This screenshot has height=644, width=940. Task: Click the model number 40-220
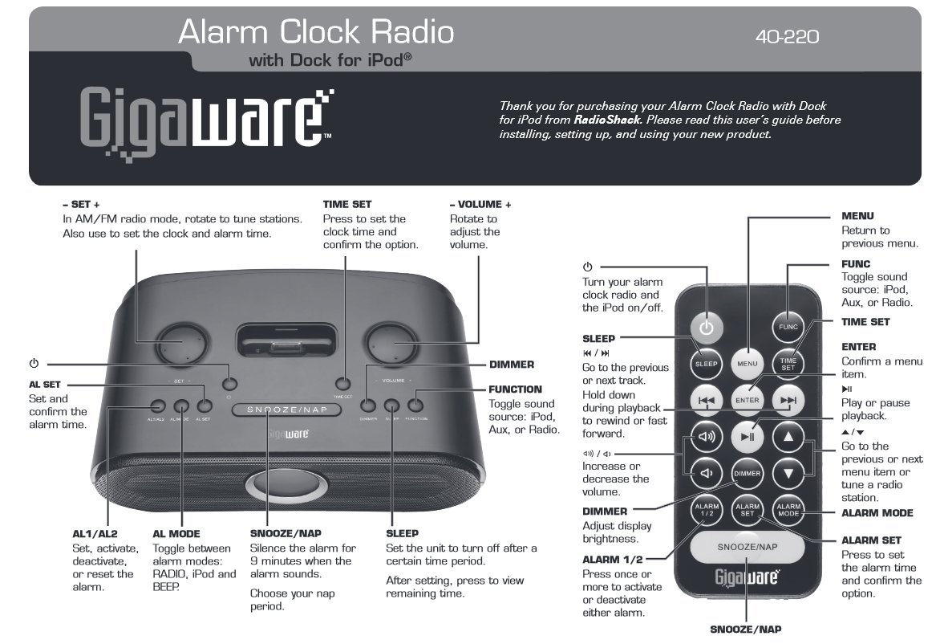pyautogui.click(x=787, y=36)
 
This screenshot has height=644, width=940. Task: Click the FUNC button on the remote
pyautogui.click(x=788, y=328)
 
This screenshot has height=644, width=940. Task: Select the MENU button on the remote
pyautogui.click(x=747, y=364)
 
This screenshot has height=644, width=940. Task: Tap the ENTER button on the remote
pyautogui.click(x=747, y=399)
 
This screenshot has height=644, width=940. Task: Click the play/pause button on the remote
pyautogui.click(x=747, y=437)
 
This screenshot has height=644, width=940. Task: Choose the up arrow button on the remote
pyautogui.click(x=788, y=437)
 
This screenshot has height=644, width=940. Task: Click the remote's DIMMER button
pyautogui.click(x=747, y=474)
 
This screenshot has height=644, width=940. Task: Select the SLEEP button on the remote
pyautogui.click(x=706, y=364)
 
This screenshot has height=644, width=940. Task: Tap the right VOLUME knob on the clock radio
pyautogui.click(x=393, y=345)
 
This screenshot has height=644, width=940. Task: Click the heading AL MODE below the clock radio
pyautogui.click(x=176, y=533)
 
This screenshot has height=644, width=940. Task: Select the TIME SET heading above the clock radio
pyautogui.click(x=347, y=205)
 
